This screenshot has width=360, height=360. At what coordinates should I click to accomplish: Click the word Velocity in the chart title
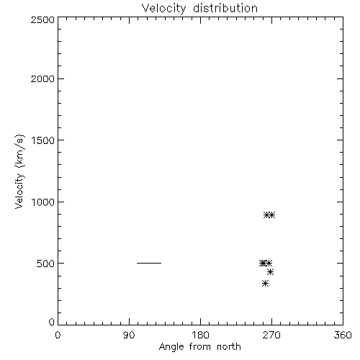[163, 9]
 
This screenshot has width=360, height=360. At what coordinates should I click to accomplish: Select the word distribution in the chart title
[225, 8]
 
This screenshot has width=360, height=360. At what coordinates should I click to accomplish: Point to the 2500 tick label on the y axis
[42, 19]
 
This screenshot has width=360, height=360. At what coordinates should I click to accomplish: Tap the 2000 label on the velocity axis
[42, 78]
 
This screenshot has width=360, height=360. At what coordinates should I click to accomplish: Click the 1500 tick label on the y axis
[43, 140]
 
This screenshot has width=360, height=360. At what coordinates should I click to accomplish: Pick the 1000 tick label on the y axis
[43, 202]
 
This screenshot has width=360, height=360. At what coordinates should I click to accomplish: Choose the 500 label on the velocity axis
[46, 264]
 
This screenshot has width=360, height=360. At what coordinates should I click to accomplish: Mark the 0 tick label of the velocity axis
[52, 322]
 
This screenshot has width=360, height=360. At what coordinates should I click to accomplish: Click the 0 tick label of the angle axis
[58, 335]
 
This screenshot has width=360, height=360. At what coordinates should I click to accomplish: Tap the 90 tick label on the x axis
[129, 335]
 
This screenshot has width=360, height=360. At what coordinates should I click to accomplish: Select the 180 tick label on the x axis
[200, 335]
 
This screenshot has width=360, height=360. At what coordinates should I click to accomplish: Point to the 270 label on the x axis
[271, 335]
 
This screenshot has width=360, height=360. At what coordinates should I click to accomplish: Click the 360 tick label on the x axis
[343, 335]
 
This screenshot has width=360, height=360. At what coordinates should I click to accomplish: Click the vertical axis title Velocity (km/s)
[19, 171]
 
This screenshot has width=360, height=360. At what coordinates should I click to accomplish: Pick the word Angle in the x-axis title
[171, 347]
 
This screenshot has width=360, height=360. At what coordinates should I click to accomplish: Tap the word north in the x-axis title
[229, 346]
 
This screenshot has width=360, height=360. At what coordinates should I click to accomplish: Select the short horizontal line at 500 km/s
[149, 263]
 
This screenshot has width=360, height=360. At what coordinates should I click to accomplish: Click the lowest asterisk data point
[265, 284]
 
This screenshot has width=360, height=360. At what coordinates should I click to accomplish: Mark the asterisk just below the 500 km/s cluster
[271, 272]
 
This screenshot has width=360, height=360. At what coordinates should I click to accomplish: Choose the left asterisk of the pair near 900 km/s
[266, 215]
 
